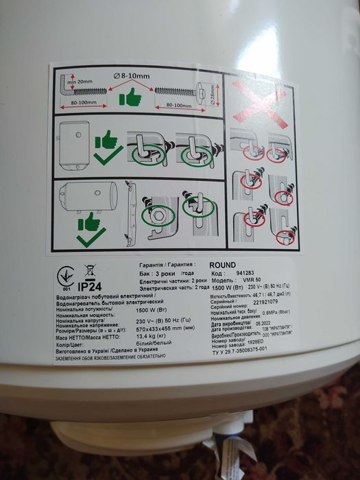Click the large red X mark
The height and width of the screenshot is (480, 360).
pos(259,101)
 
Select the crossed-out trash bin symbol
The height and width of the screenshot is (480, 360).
pos(90,270)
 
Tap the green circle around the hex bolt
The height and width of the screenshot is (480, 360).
pos(158,215)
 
